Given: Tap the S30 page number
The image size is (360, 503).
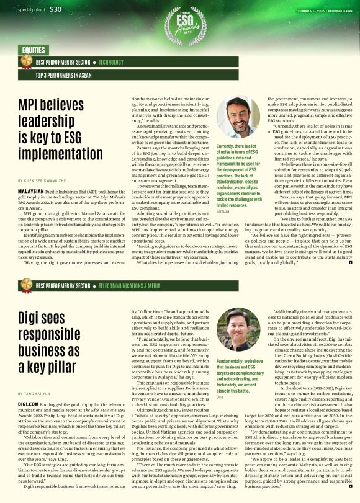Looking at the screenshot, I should pyautogui.click(x=55, y=9).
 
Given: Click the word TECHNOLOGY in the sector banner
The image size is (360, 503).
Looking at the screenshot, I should pyautogui.click(x=111, y=62).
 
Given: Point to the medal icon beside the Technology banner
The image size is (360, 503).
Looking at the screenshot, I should pyautogui.click(x=26, y=61).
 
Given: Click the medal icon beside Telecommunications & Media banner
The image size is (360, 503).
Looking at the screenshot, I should pyautogui.click(x=26, y=285).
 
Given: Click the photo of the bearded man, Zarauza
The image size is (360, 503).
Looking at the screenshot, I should pyautogui.click(x=238, y=117).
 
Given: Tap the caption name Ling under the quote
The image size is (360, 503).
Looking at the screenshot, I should pyautogui.click(x=220, y=396).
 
